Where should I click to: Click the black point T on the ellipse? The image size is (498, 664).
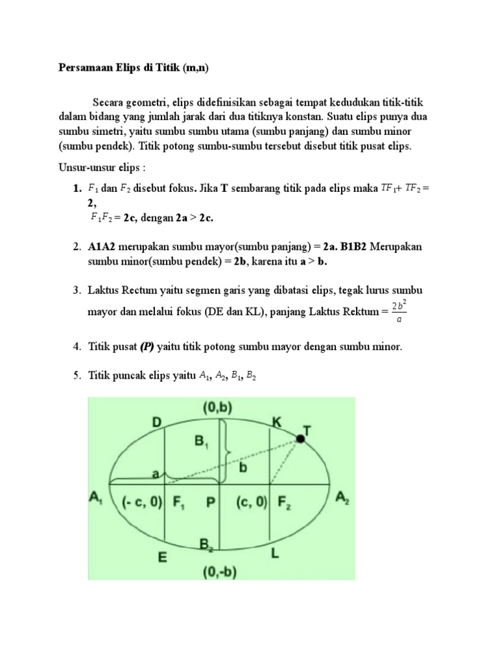point(301,439)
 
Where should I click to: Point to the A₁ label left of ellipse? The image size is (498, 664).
point(96,499)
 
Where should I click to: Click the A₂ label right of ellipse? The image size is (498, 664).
point(342,498)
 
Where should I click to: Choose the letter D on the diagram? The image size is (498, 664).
point(156,423)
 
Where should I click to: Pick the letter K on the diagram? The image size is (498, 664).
point(277,423)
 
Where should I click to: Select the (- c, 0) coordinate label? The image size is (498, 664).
point(141,502)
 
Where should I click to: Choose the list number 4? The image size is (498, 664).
point(75,347)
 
